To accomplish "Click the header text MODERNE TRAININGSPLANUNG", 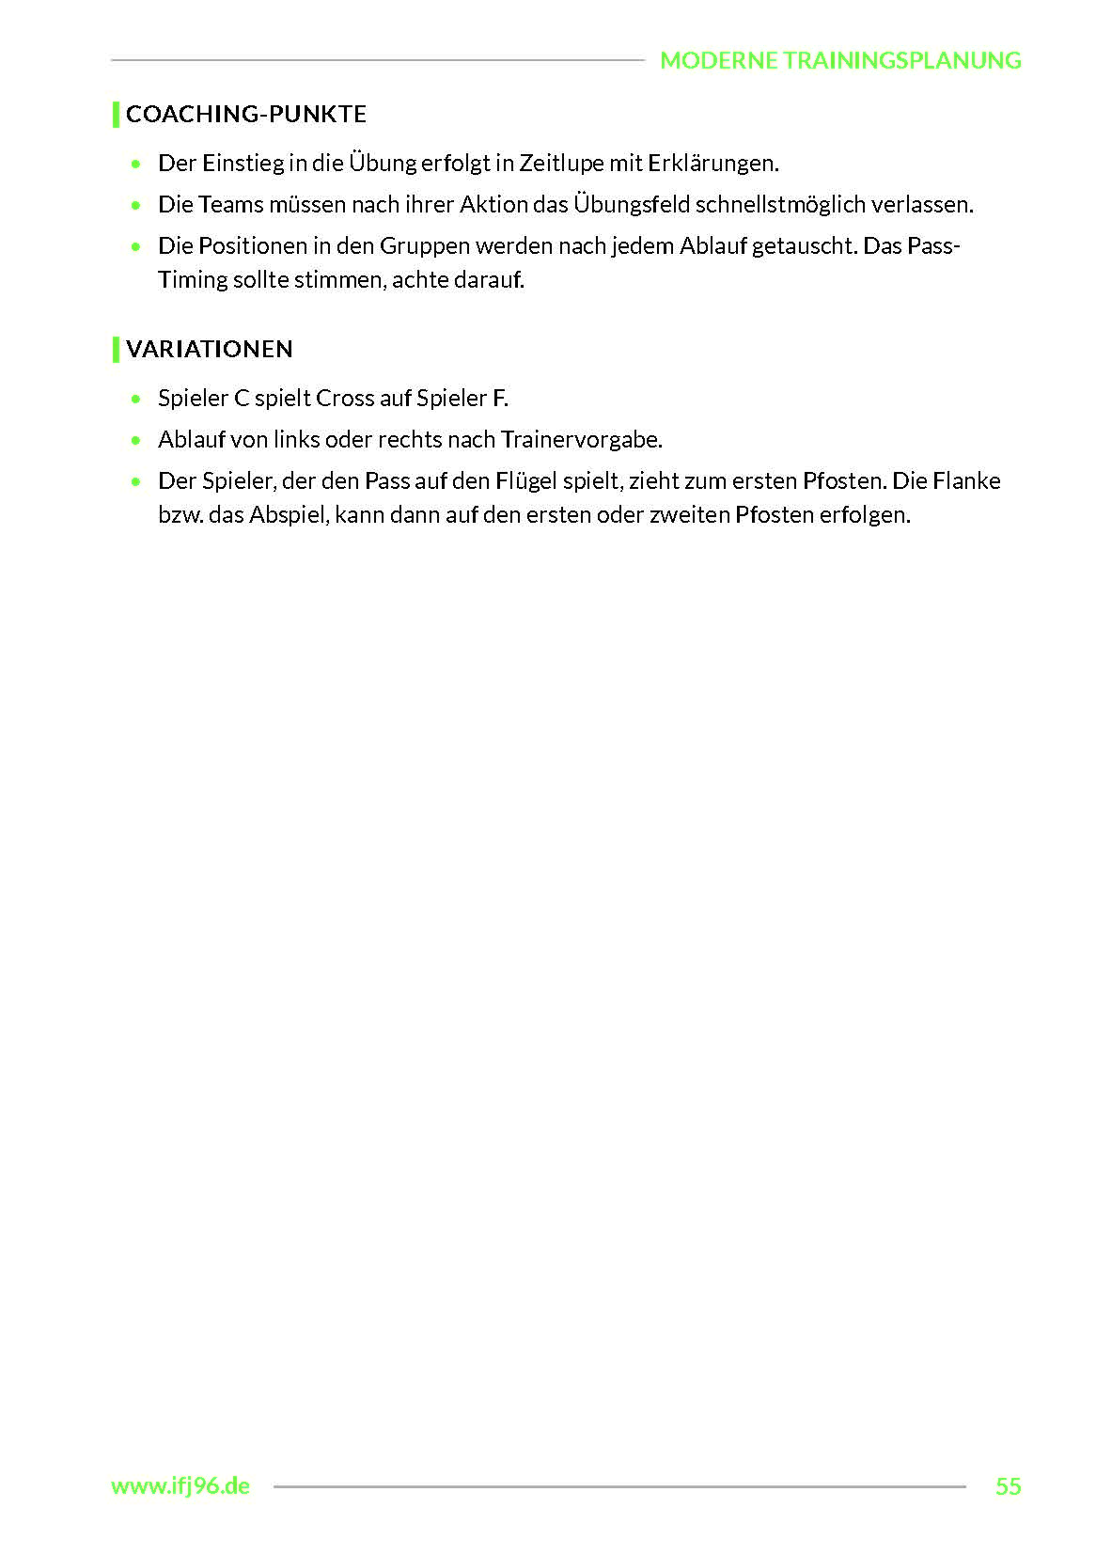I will point(840,60).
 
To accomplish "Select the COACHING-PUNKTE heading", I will point(246,114).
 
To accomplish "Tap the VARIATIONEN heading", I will point(210,349).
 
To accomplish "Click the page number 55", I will point(1008,1486).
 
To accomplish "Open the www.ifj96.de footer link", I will point(180,1486).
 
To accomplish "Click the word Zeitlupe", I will point(561,164).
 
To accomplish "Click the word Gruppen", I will point(424,246).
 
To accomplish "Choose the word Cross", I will point(345,399).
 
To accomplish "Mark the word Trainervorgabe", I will point(581,440).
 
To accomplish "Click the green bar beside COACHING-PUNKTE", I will point(116,114).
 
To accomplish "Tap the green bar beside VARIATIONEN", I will point(116,349).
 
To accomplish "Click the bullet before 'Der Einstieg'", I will point(137,165).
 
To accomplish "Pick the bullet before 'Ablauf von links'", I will point(137,440).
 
